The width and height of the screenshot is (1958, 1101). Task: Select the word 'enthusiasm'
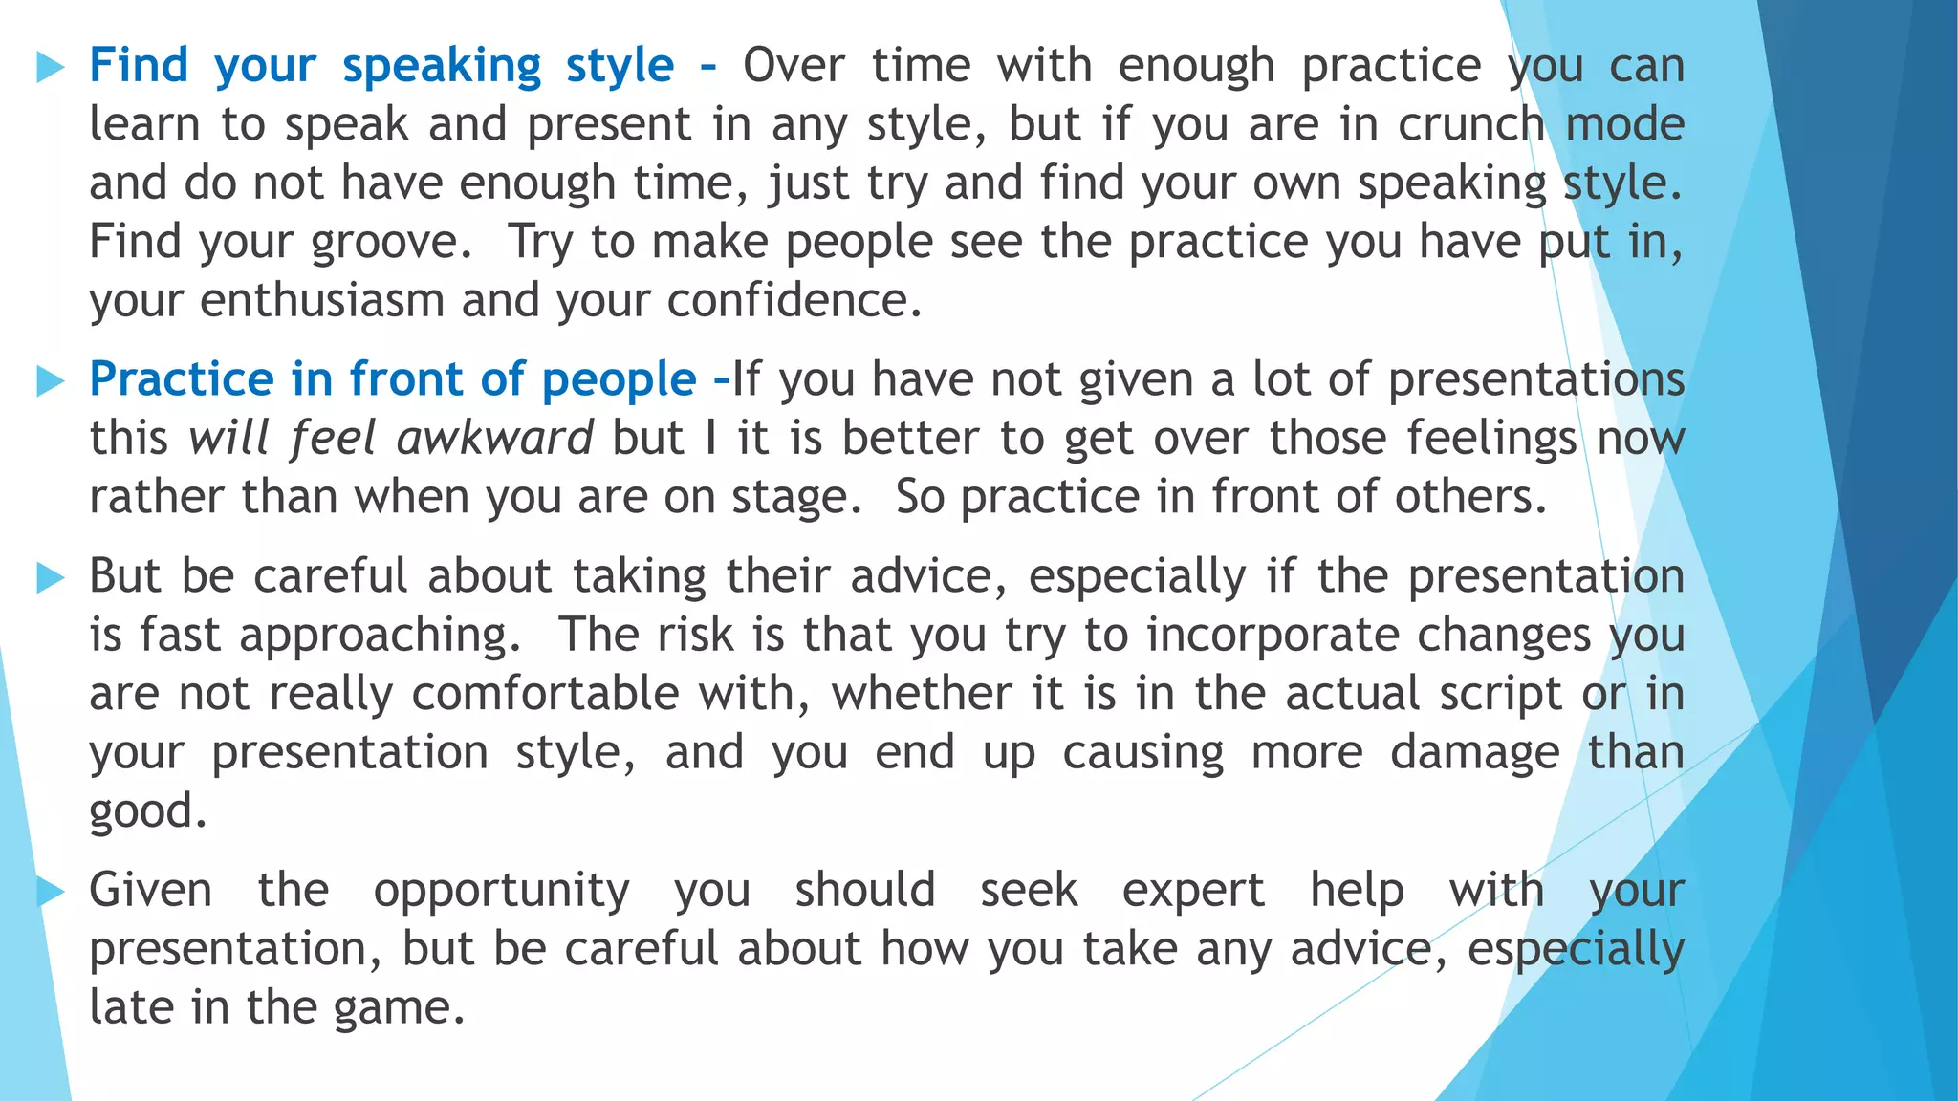[x=322, y=301]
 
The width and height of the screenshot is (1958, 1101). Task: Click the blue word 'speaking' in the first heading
[x=442, y=67]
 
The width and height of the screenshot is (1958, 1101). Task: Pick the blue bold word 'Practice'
[x=182, y=379]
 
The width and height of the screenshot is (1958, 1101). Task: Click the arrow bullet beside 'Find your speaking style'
[x=50, y=67]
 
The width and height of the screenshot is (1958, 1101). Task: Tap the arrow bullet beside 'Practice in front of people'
[x=50, y=381]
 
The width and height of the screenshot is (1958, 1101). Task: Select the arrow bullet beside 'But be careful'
[x=50, y=577]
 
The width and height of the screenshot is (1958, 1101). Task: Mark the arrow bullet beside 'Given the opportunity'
[x=50, y=892]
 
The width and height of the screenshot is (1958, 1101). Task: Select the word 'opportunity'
[x=501, y=892]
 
